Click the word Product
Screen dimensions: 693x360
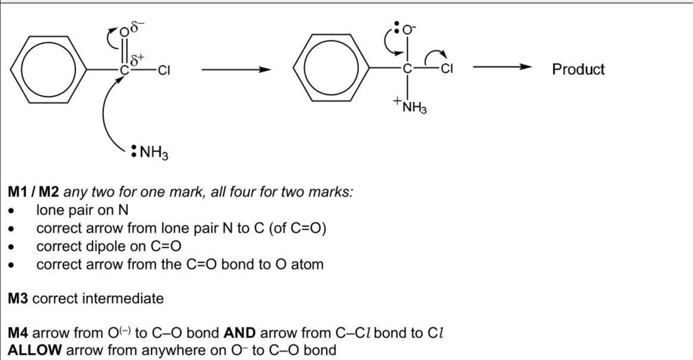pyautogui.click(x=578, y=70)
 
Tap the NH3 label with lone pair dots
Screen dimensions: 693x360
pyautogui.click(x=150, y=153)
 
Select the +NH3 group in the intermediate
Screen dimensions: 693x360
pyautogui.click(x=409, y=106)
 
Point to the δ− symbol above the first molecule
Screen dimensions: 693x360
pyautogui.click(x=136, y=27)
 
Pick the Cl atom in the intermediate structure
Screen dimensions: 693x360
pyautogui.click(x=446, y=69)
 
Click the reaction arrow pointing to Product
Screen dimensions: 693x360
pyautogui.click(x=502, y=67)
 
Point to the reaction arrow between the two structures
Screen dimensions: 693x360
pyautogui.click(x=236, y=70)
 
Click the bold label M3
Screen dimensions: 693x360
pyautogui.click(x=18, y=299)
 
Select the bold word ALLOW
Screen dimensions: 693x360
pyautogui.click(x=35, y=350)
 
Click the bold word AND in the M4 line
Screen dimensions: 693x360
pyautogui.click(x=240, y=333)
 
